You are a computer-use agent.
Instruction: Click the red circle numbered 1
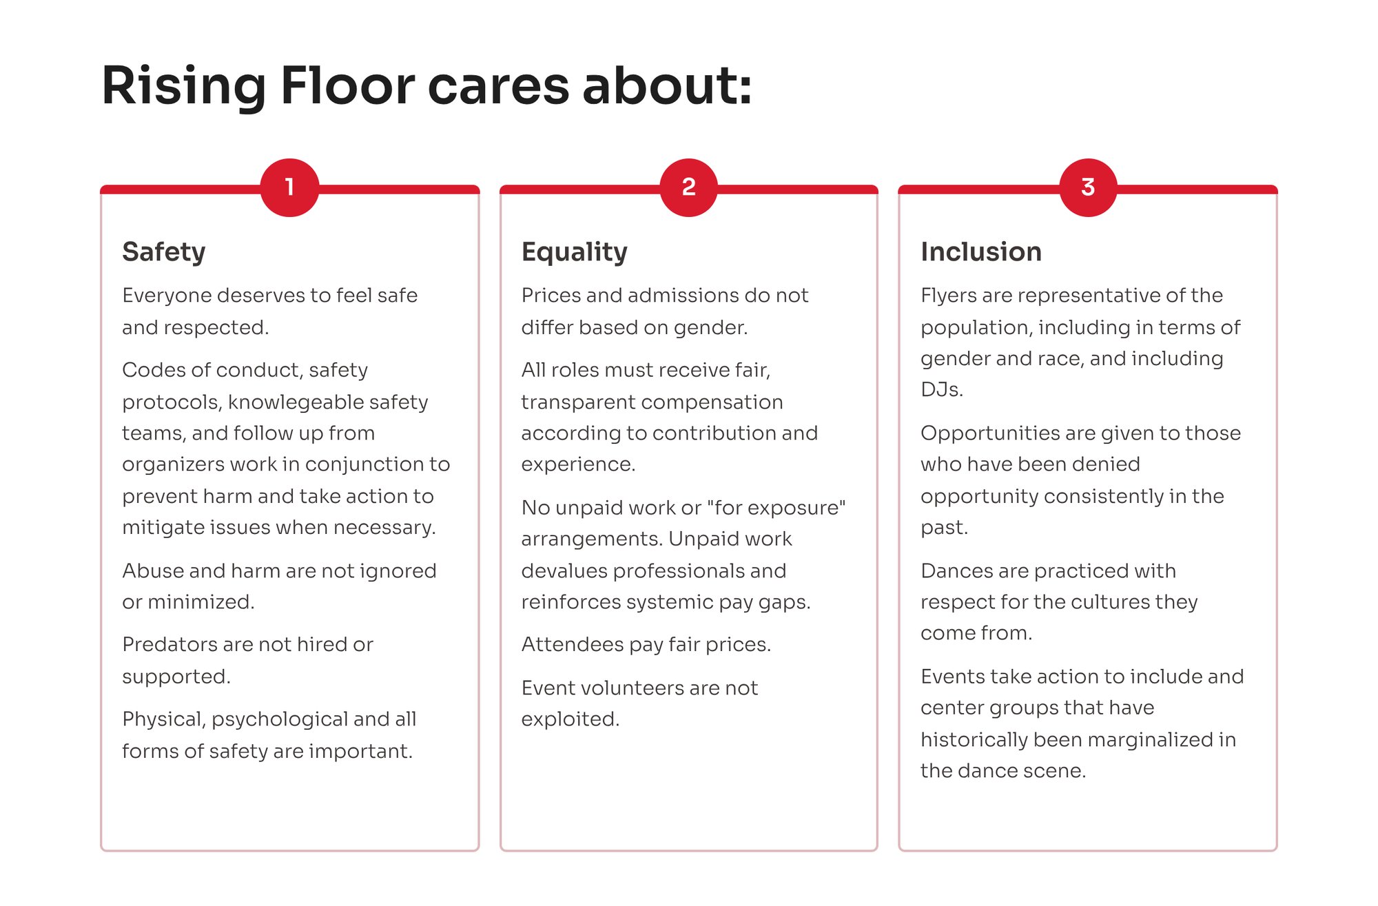pos(289,187)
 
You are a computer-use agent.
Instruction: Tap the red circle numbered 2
pos(688,187)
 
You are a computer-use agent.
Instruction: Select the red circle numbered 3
pos(1088,187)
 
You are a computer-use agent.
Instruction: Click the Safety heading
pos(164,252)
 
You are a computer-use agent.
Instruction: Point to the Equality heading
pos(575,252)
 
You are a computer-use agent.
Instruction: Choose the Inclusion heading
pos(981,252)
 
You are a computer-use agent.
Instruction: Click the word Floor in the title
pos(347,85)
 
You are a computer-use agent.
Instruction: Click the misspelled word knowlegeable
pos(297,402)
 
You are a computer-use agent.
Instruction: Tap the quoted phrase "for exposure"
pos(777,508)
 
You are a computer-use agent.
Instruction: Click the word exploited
pos(570,719)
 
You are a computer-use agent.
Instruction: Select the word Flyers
pos(948,296)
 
